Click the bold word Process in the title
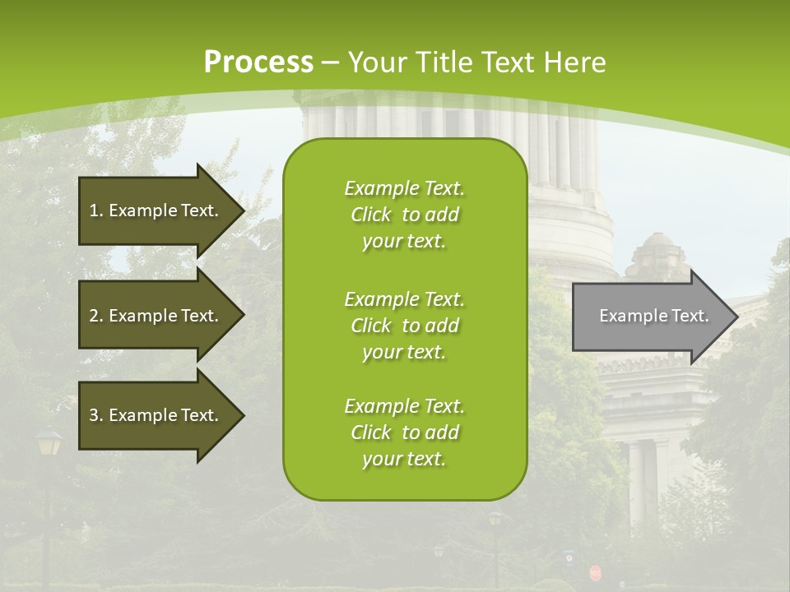coord(258,62)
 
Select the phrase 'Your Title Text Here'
coord(477,62)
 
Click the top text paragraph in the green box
coord(404,215)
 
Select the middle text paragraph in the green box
coord(404,326)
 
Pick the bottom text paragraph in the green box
coord(404,432)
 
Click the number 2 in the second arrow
coord(94,316)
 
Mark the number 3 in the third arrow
coord(94,415)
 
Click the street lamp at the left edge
coord(49,444)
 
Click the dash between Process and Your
coord(331,62)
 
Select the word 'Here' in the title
coord(579,62)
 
